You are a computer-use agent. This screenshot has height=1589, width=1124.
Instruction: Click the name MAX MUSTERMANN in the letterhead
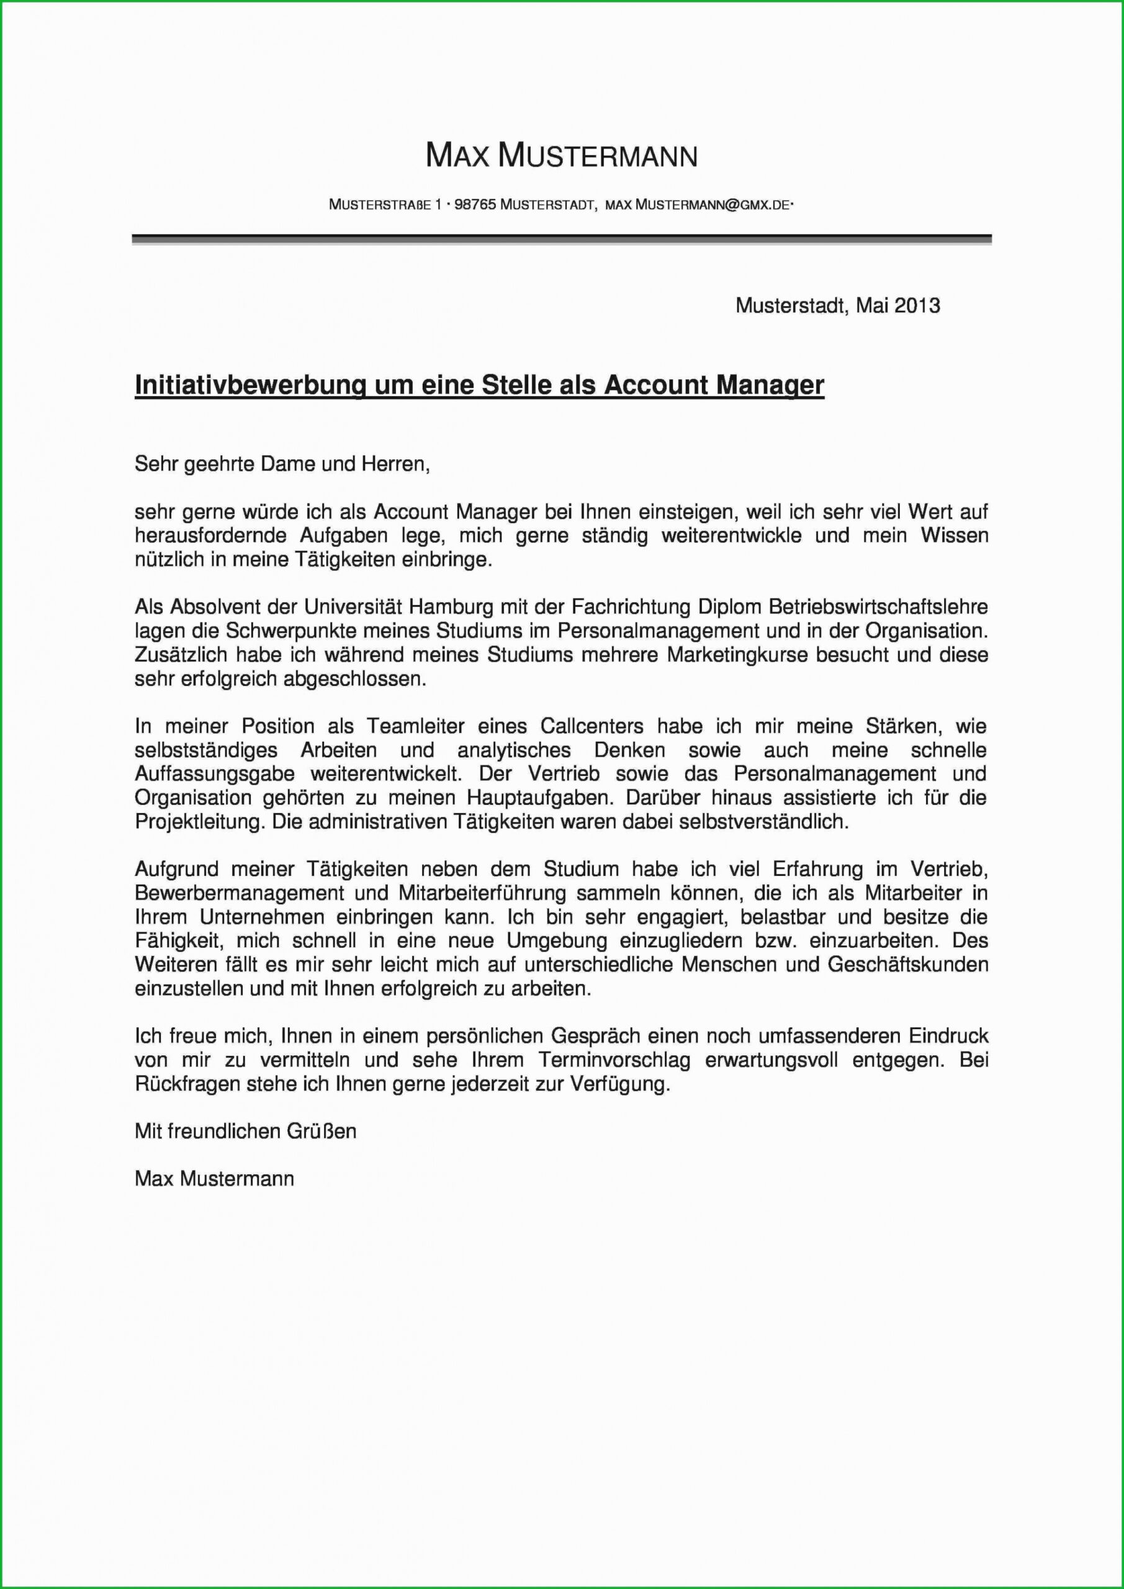561,156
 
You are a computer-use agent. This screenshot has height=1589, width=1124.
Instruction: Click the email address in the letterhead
697,205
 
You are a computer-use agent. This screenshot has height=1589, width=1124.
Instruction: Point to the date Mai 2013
897,305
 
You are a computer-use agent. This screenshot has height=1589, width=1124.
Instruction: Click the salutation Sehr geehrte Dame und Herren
282,464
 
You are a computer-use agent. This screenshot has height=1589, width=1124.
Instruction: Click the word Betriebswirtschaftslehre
878,607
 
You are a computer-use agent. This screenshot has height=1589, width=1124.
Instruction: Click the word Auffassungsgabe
215,774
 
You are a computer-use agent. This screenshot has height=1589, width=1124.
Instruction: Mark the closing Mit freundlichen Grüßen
246,1131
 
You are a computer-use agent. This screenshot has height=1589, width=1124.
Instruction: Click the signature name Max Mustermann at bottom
215,1179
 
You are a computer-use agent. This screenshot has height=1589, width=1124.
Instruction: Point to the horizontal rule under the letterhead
561,240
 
